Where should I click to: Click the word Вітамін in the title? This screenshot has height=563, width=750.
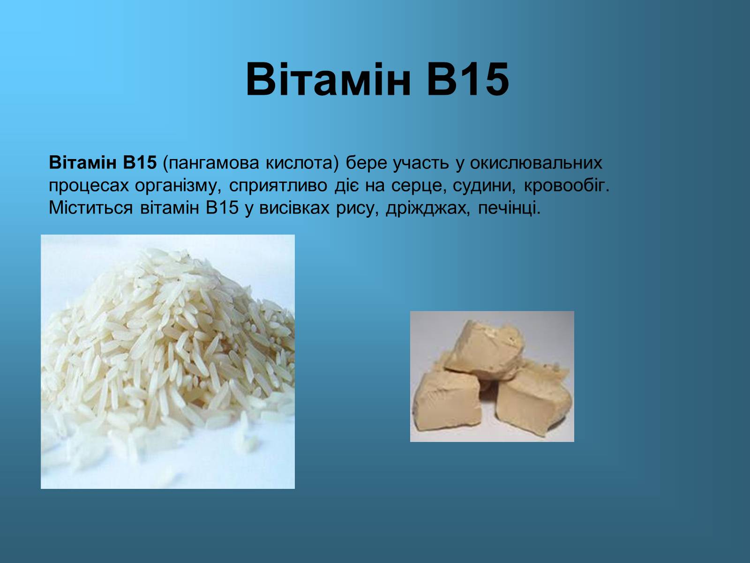click(x=329, y=79)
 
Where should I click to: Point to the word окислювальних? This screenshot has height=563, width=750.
click(x=536, y=163)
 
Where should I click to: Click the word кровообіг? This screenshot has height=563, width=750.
click(x=567, y=186)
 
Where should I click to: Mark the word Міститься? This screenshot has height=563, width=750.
click(x=90, y=208)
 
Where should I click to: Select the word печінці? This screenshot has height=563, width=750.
click(x=509, y=208)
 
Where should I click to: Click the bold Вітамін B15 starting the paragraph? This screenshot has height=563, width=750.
click(x=103, y=163)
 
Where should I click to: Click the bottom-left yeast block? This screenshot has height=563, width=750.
click(x=448, y=400)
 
